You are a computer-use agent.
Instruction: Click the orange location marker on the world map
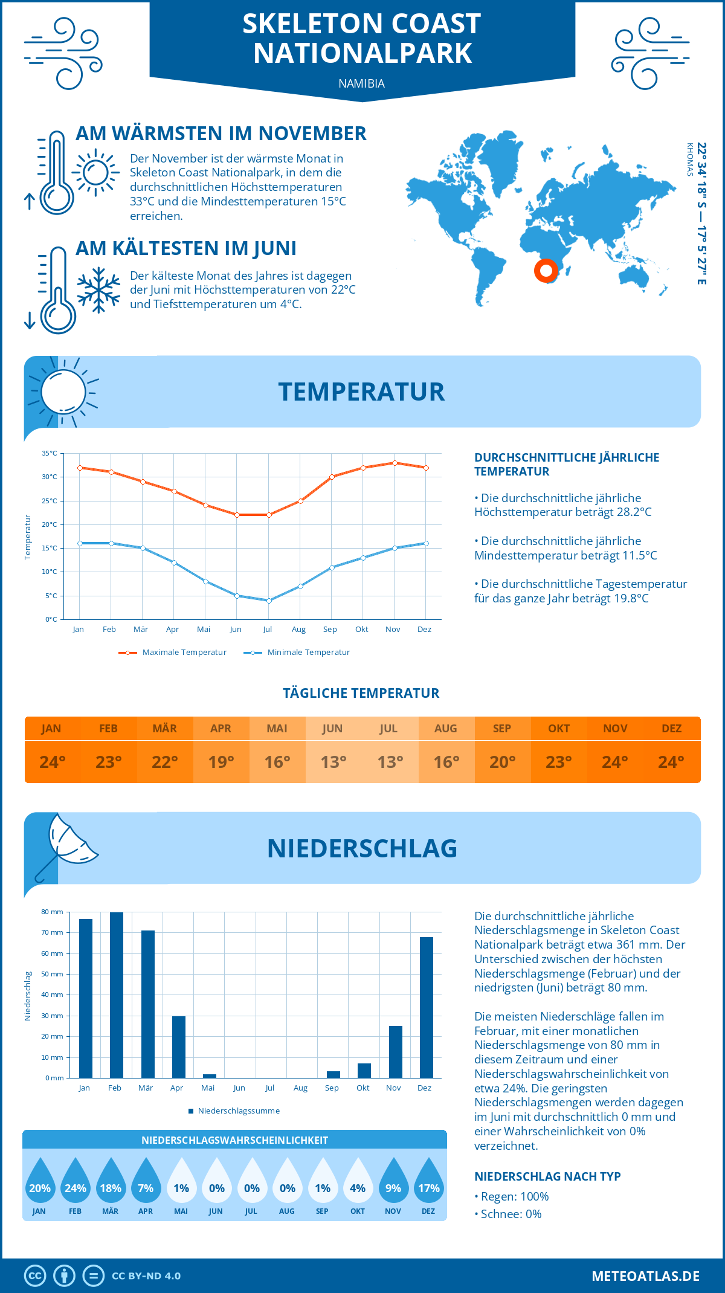546,270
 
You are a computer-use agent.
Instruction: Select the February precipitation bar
116,995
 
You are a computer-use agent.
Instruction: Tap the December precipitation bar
426,1007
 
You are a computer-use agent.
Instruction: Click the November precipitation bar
395,1052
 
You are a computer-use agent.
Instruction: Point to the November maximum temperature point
395,463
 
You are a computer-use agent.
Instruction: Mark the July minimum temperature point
269,601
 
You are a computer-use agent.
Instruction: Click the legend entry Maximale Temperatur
173,653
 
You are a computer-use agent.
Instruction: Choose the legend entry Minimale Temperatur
297,653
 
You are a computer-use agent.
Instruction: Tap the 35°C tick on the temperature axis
50,453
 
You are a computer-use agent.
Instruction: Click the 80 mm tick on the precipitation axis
53,912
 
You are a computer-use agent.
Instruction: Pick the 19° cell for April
221,761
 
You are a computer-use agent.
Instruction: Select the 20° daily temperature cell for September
502,761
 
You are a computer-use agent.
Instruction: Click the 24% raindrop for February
76,1184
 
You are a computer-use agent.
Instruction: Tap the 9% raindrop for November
393,1184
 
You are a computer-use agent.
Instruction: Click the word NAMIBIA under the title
361,83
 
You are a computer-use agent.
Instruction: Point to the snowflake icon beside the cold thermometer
98,290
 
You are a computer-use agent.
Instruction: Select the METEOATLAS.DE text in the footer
645,1276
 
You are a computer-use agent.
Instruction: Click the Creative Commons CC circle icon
35,1276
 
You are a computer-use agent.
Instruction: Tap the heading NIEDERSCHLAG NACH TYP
547,1176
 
